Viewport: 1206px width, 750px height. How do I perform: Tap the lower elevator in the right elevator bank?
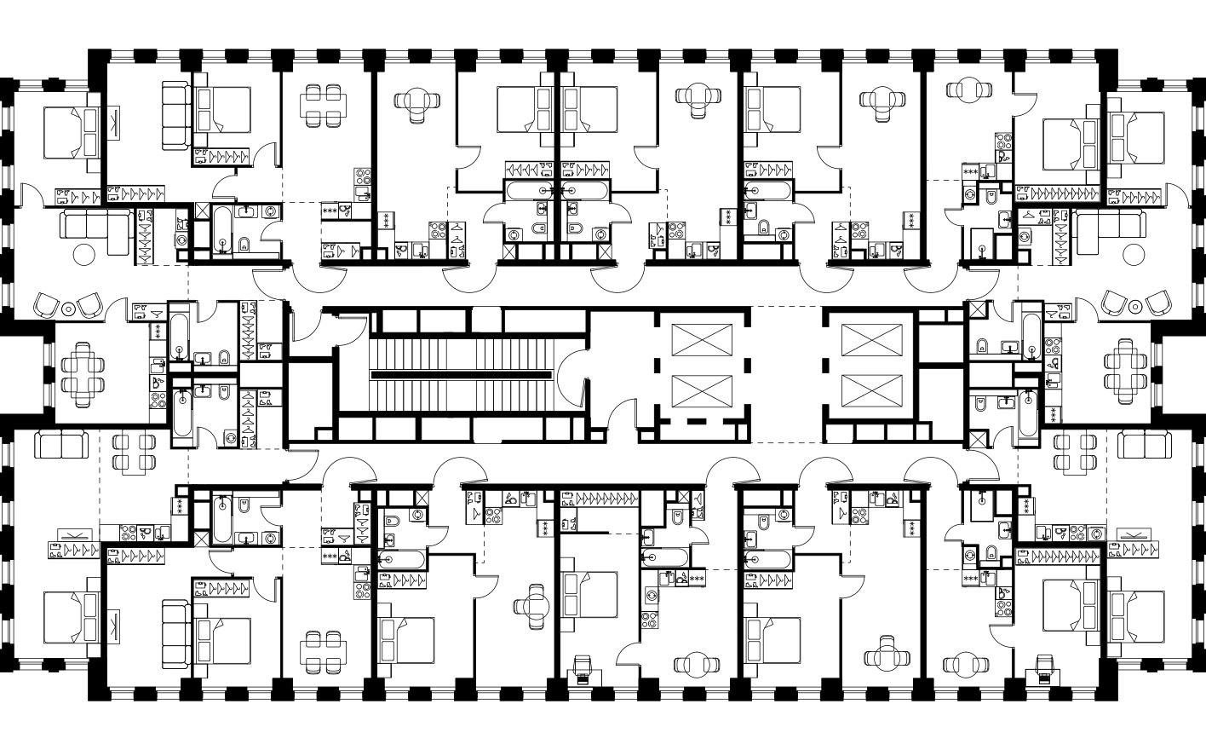point(864,392)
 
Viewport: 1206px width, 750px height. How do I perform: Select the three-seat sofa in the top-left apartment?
point(176,116)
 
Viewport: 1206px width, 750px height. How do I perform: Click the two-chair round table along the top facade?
point(968,90)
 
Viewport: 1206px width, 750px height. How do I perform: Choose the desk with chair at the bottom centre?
point(582,668)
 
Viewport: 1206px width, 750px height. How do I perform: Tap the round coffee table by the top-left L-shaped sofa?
point(84,253)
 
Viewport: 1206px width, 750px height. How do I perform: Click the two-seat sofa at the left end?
point(60,444)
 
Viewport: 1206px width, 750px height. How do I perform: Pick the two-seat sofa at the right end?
point(1146,444)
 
